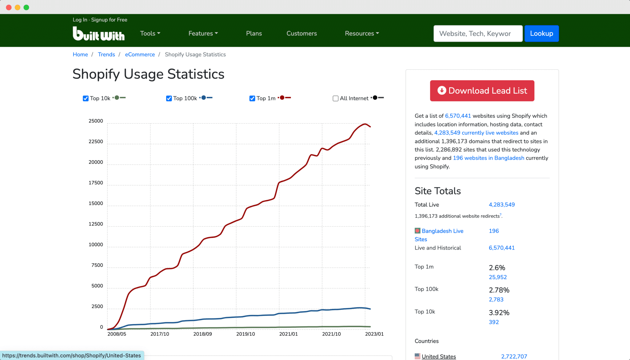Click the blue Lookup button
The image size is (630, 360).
[541, 34]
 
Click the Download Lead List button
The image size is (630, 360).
[482, 91]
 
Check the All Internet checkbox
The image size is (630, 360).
[336, 98]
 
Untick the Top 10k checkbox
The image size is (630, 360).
[86, 98]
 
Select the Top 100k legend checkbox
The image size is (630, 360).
[169, 98]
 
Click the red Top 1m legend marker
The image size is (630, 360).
[282, 98]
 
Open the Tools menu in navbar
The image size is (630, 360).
[150, 34]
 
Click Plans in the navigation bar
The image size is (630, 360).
[254, 34]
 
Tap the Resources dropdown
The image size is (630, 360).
[362, 34]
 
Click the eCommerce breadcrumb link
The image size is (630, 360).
[140, 54]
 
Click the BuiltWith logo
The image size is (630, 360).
[98, 34]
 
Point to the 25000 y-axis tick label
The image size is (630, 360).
[96, 121]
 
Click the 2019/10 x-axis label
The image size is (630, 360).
[245, 334]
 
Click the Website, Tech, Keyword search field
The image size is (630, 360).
[478, 34]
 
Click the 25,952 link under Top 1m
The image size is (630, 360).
[497, 277]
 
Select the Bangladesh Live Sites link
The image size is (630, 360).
[442, 231]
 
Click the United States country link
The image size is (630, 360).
[439, 356]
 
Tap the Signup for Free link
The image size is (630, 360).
[109, 20]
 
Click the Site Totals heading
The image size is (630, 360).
[437, 191]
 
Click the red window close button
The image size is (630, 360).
[9, 7]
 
